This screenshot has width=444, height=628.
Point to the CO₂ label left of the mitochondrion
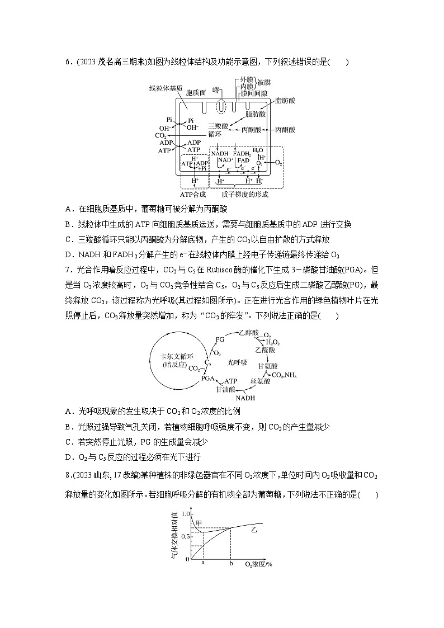(x=160, y=135)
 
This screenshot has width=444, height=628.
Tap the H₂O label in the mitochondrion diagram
(x=258, y=150)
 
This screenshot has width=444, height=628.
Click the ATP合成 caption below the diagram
(x=193, y=194)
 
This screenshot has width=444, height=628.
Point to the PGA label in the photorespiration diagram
(x=207, y=379)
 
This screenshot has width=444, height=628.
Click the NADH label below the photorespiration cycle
(x=245, y=398)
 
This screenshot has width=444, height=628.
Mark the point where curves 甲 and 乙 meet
(x=230, y=528)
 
